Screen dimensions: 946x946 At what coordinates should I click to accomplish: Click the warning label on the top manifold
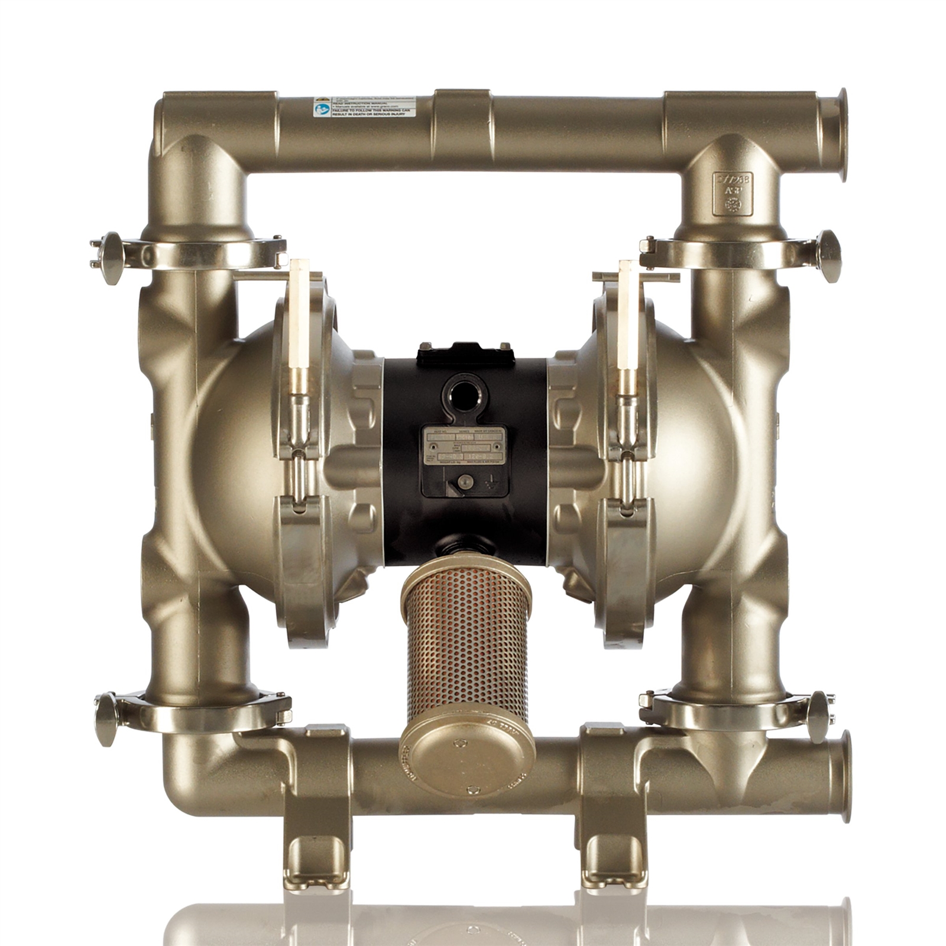(364, 106)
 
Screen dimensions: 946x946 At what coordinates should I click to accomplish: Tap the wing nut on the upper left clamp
(111, 257)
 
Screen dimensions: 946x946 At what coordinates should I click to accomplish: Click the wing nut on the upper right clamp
(829, 255)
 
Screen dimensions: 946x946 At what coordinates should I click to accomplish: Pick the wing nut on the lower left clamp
(106, 718)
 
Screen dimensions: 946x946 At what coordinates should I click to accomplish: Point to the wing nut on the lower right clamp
(819, 716)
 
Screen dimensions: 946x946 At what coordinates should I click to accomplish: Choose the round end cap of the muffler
(466, 757)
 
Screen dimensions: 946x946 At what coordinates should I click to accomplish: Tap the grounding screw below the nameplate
(465, 482)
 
